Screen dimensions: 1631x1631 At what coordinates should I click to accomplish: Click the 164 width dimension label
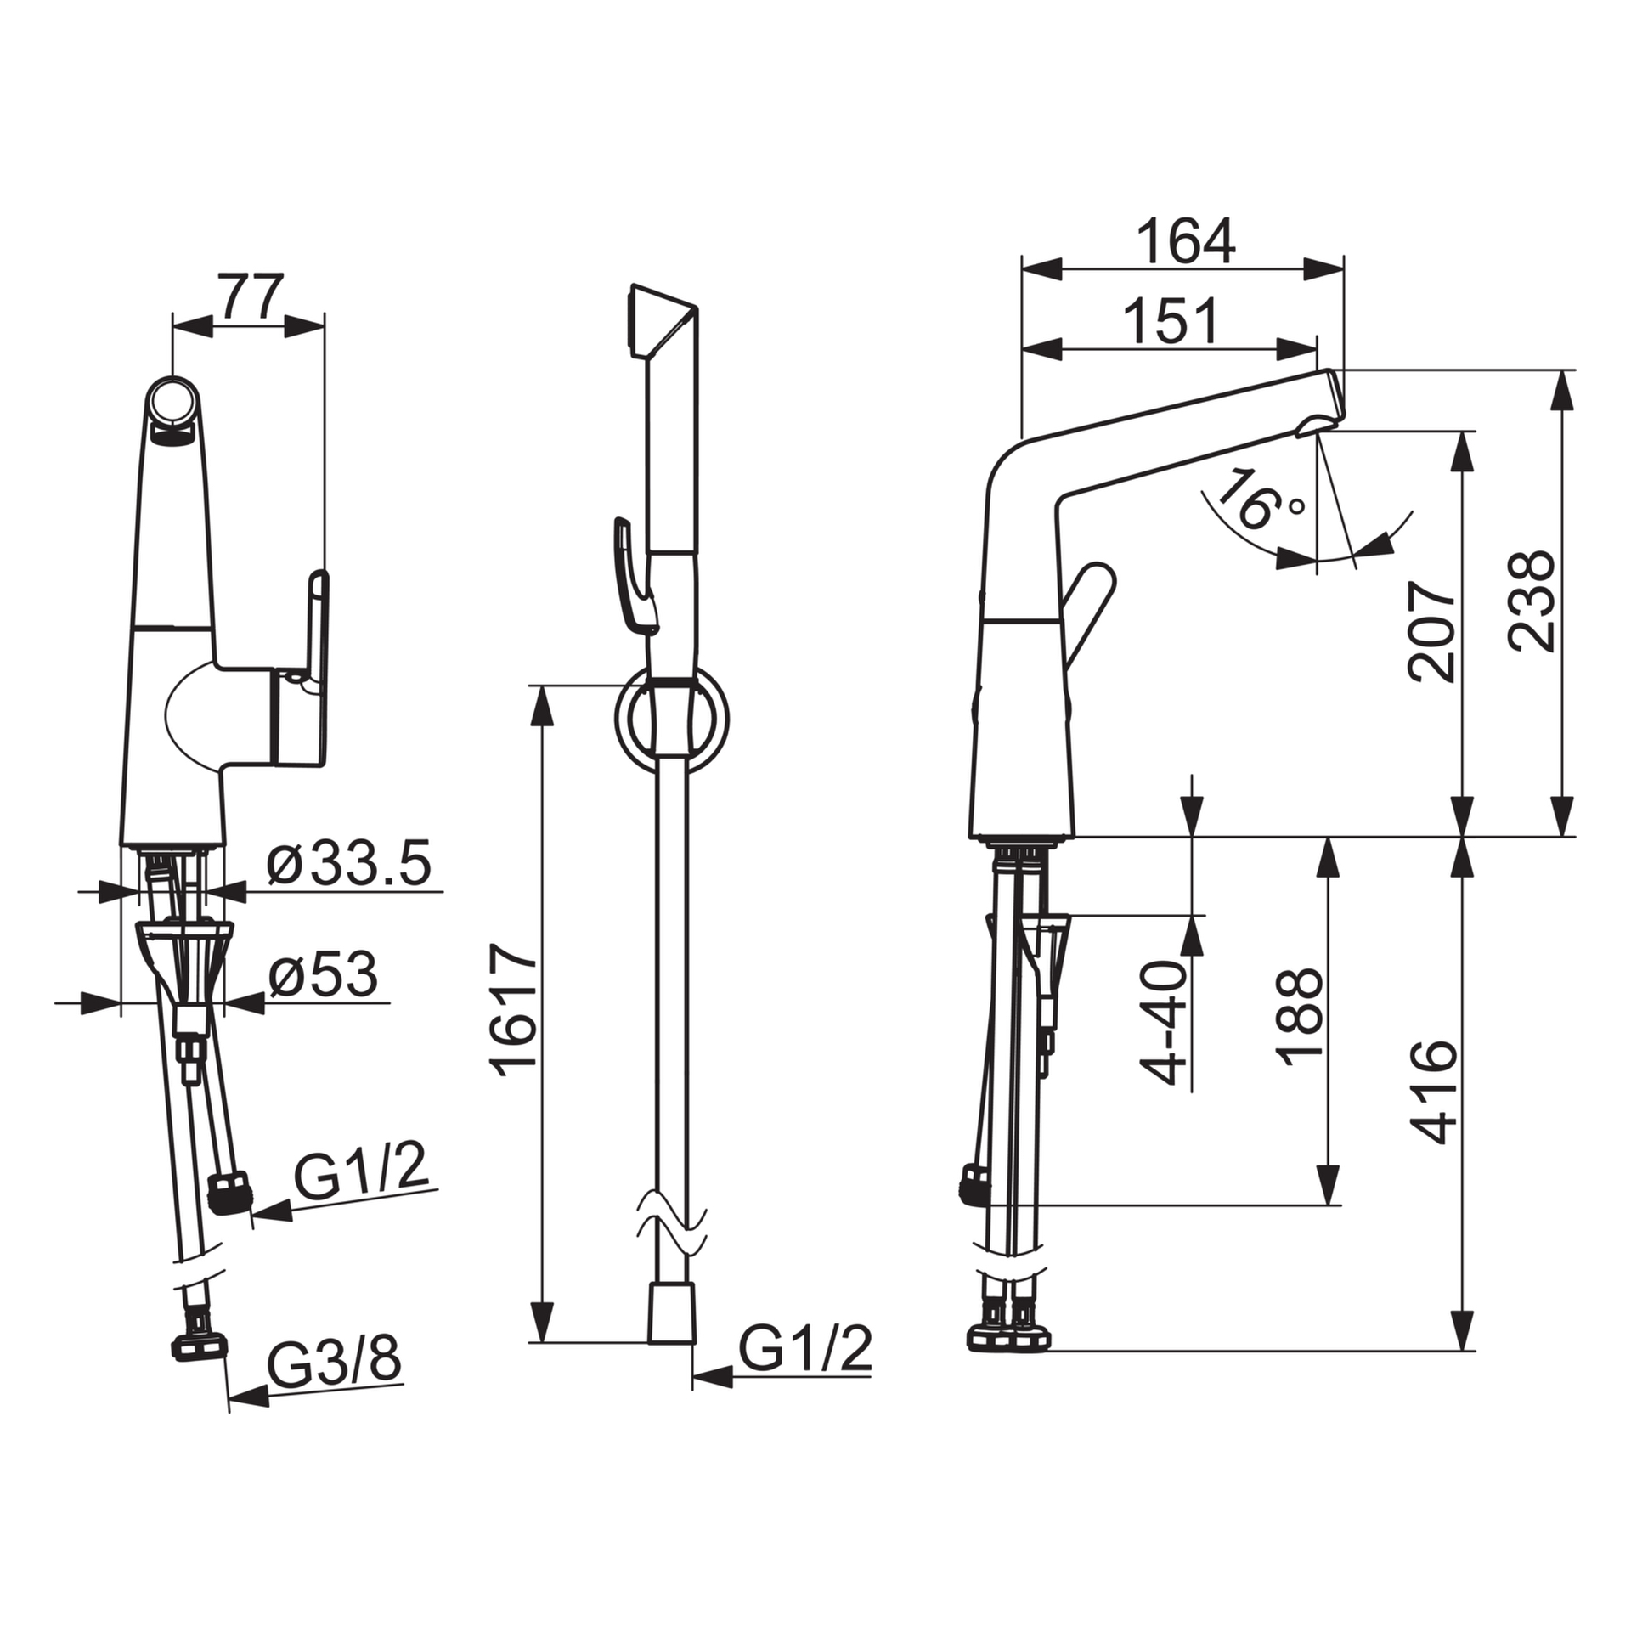pos(1185,241)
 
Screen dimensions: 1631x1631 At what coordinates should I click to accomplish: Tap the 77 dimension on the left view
pos(249,296)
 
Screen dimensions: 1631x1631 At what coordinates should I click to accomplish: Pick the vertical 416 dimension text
pos(1433,1091)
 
